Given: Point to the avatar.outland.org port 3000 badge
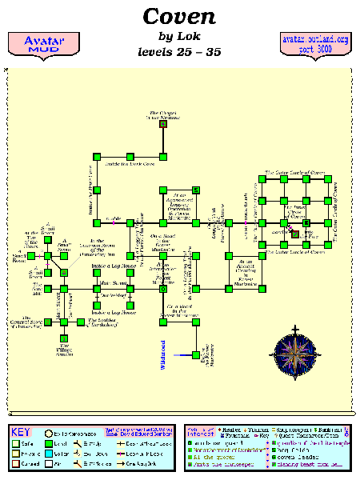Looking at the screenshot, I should pos(316,44).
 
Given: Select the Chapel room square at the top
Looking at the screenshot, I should pos(163,125).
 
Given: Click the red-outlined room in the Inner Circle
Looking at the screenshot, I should pos(294,234).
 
